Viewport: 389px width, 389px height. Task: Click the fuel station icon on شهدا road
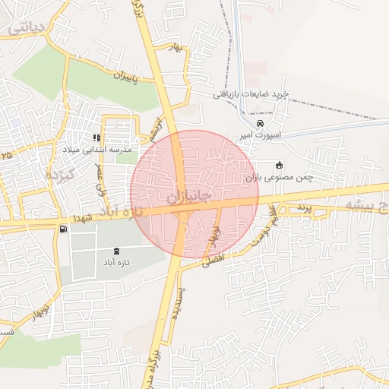pyautogui.click(x=62, y=229)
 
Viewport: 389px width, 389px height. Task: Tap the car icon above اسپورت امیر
pyautogui.click(x=261, y=123)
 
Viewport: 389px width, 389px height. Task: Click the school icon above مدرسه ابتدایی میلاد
pyautogui.click(x=96, y=138)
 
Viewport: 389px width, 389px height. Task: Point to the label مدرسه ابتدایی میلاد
pyautogui.click(x=98, y=150)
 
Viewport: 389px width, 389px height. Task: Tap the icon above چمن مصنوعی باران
pyautogui.click(x=279, y=165)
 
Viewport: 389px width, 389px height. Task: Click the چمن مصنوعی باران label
pyautogui.click(x=279, y=176)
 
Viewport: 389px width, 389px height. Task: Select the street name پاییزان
pyautogui.click(x=128, y=76)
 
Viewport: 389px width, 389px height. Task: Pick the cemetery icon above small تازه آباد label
pyautogui.click(x=115, y=251)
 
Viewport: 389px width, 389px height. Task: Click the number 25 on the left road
pyautogui.click(x=7, y=155)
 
